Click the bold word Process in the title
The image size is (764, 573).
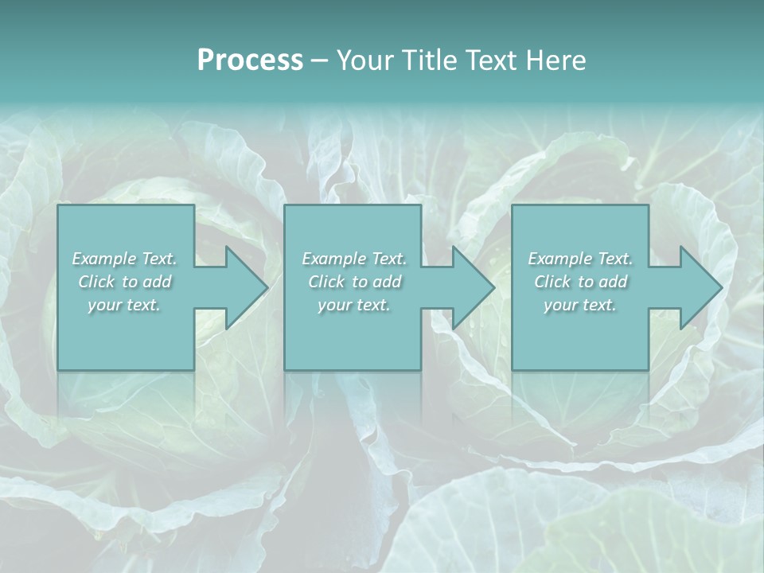pyautogui.click(x=250, y=60)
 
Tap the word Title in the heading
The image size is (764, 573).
pyautogui.click(x=431, y=60)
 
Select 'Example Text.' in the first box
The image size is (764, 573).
pyautogui.click(x=124, y=259)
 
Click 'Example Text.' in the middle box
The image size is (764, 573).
pyautogui.click(x=354, y=259)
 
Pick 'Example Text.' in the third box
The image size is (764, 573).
pyautogui.click(x=580, y=259)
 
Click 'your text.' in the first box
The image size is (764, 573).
pyautogui.click(x=124, y=305)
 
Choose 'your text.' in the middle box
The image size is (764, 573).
pyautogui.click(x=354, y=305)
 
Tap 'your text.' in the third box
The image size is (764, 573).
pyautogui.click(x=580, y=305)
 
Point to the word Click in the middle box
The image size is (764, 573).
pyautogui.click(x=326, y=282)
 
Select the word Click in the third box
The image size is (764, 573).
pyautogui.click(x=552, y=282)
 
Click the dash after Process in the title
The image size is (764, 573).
pyautogui.click(x=318, y=60)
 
